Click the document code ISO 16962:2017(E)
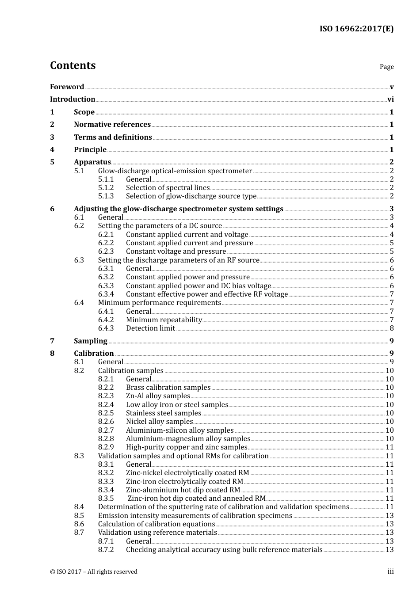[356, 29]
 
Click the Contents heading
[73, 65]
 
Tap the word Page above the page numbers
[386, 67]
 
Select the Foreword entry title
[67, 87]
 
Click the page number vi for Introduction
[390, 99]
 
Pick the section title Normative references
[112, 125]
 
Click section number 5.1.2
[106, 188]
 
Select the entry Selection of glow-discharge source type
[191, 196]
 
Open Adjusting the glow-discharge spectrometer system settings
[179, 209]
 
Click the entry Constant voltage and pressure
[176, 251]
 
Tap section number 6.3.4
[106, 294]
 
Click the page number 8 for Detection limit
[392, 328]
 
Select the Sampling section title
[91, 341]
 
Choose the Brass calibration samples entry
[168, 388]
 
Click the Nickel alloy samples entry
[159, 422]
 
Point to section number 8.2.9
[106, 447]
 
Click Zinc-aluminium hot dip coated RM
[183, 490]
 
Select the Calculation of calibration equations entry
[157, 524]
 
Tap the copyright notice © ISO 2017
[94, 572]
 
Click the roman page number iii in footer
[390, 571]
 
